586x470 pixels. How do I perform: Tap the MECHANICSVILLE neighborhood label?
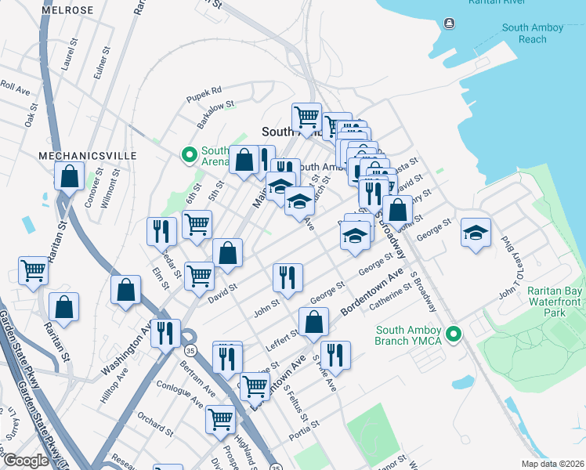click(x=88, y=156)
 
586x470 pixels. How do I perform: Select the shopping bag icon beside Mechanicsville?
click(x=69, y=176)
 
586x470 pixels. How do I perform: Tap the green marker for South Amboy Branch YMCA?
click(x=453, y=334)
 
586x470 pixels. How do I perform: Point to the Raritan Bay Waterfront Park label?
click(x=555, y=301)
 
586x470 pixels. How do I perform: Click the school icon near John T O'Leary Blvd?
click(x=476, y=233)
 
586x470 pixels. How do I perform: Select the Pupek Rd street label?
click(x=204, y=90)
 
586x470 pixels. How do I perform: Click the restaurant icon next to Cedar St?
click(x=161, y=231)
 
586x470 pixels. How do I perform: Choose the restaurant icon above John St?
click(x=287, y=277)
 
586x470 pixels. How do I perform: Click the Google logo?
click(x=27, y=461)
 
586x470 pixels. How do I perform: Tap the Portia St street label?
click(x=305, y=428)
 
